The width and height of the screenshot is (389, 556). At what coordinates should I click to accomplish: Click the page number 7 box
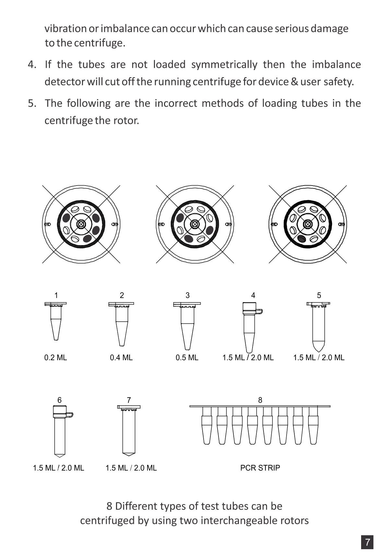(x=367, y=542)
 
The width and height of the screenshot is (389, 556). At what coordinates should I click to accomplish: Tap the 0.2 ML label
(x=55, y=357)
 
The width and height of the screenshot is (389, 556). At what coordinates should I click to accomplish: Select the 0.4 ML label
(x=121, y=357)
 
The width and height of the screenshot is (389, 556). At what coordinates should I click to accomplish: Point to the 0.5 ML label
(x=187, y=357)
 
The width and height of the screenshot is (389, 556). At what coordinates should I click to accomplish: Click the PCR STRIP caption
(x=260, y=468)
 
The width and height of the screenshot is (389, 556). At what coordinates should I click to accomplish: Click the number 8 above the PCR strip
(x=260, y=400)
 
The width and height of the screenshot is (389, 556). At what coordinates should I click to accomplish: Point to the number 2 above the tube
(x=122, y=295)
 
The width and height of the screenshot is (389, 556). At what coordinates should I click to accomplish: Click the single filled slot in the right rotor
(x=301, y=239)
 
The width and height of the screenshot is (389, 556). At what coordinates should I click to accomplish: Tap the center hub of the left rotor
(x=81, y=224)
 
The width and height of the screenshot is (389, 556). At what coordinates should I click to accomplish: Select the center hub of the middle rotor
(x=194, y=224)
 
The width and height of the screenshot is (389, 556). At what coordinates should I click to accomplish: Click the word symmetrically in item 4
(x=224, y=65)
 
